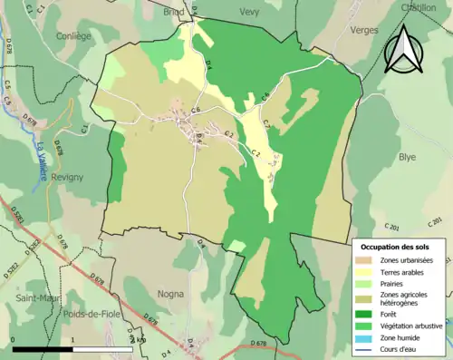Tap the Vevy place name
point(249,12)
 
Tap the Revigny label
point(69,178)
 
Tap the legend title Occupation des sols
point(395,247)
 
